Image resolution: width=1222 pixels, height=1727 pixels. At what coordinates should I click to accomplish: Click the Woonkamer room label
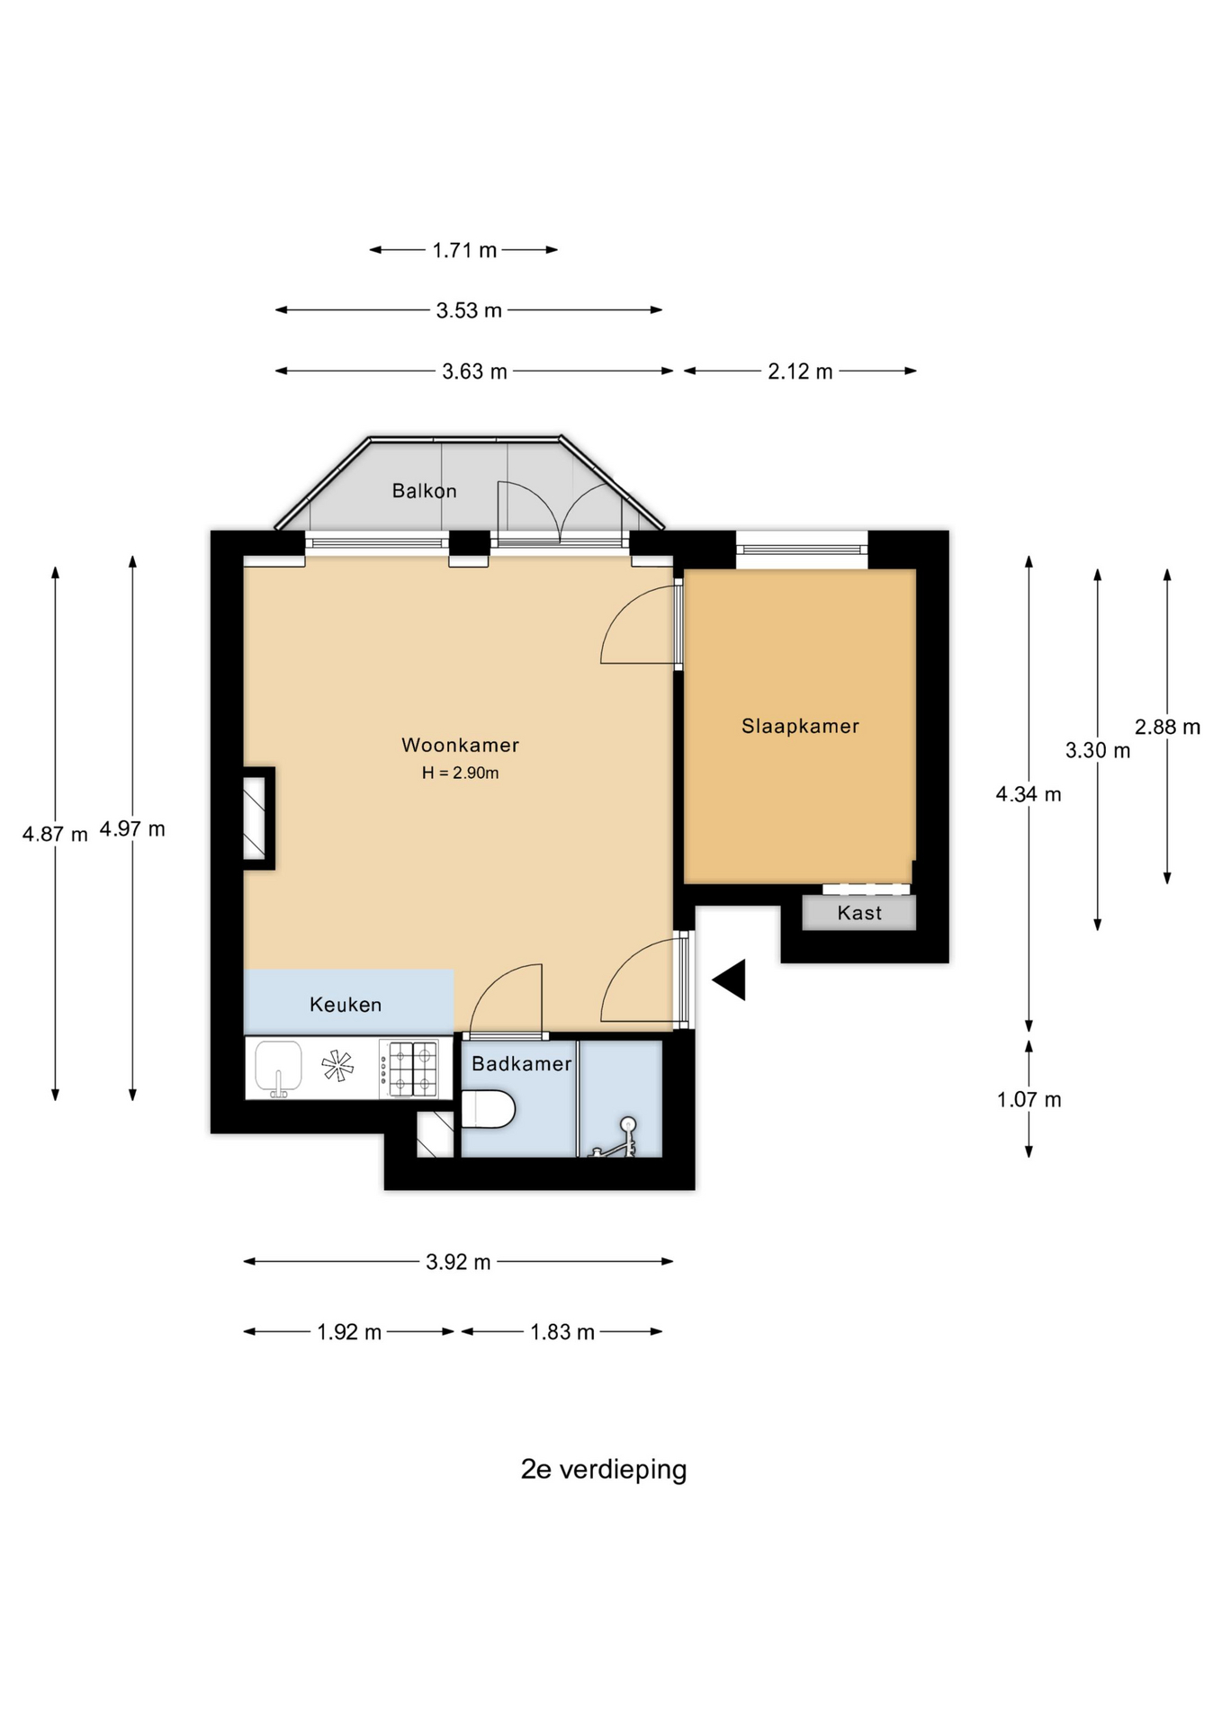pyautogui.click(x=460, y=745)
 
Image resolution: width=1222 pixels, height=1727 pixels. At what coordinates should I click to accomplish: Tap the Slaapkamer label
pyautogui.click(x=800, y=726)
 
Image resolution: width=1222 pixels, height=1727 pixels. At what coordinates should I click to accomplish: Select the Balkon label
pyautogui.click(x=424, y=491)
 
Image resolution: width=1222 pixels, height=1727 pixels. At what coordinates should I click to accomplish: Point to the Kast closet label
pyautogui.click(x=859, y=913)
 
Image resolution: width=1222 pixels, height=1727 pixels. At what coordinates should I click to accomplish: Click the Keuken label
pyautogui.click(x=346, y=1005)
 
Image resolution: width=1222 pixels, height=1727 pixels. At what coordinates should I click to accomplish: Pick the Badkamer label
pyautogui.click(x=522, y=1064)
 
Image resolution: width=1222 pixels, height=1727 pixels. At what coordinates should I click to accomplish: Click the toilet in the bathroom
pyautogui.click(x=487, y=1108)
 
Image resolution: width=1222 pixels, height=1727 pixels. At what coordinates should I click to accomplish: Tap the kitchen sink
pyautogui.click(x=278, y=1069)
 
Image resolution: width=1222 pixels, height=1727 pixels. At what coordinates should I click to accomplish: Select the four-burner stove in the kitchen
pyautogui.click(x=409, y=1069)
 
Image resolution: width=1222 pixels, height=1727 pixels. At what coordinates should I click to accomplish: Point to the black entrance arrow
pyautogui.click(x=730, y=980)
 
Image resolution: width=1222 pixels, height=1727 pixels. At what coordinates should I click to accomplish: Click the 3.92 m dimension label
pyautogui.click(x=458, y=1262)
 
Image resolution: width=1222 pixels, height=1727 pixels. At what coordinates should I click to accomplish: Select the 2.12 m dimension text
pyautogui.click(x=800, y=371)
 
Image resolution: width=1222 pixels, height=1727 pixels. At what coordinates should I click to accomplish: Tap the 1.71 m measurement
pyautogui.click(x=464, y=250)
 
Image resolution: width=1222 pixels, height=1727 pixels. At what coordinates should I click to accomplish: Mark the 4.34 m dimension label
pyautogui.click(x=1029, y=794)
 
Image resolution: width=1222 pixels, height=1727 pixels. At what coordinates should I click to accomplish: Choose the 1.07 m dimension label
pyautogui.click(x=1029, y=1099)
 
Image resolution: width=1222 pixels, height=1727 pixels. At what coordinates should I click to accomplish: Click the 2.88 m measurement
pyautogui.click(x=1167, y=727)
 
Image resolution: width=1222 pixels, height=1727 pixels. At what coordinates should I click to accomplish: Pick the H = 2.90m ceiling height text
pyautogui.click(x=460, y=773)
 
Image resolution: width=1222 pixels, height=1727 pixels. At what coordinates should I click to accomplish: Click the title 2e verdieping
pyautogui.click(x=604, y=1469)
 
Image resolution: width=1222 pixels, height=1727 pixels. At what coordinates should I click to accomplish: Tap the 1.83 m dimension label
pyautogui.click(x=562, y=1332)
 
